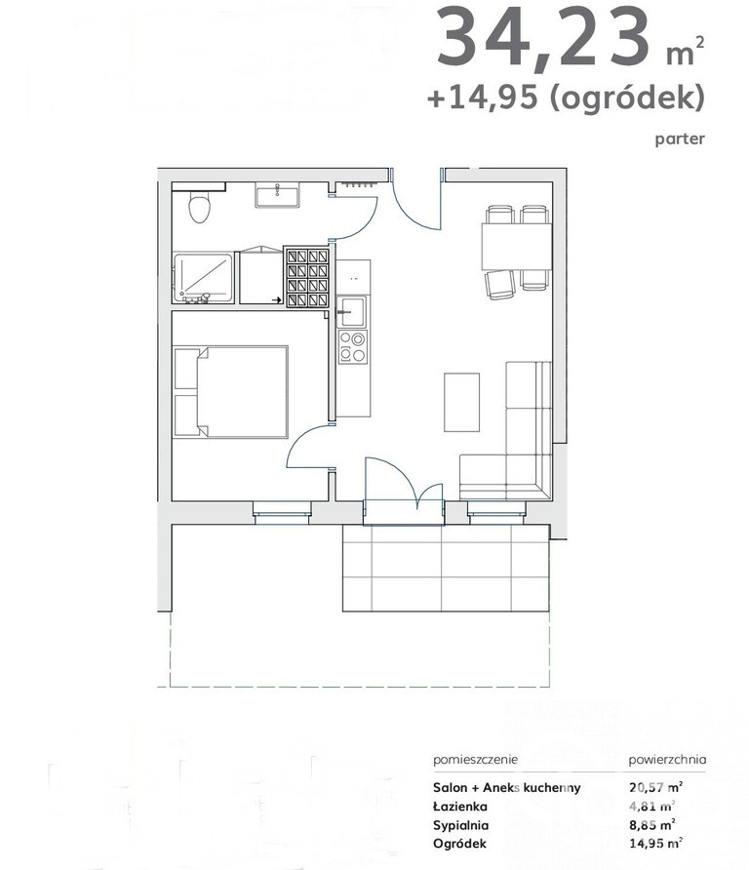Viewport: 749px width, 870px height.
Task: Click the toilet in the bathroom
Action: pyautogui.click(x=200, y=207)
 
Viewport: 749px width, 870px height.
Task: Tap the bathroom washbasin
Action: pyautogui.click(x=277, y=196)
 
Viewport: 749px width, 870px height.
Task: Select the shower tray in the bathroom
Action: pyautogui.click(x=203, y=279)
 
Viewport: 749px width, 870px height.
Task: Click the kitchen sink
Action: pyautogui.click(x=351, y=311)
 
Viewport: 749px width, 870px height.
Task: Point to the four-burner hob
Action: pyautogui.click(x=352, y=347)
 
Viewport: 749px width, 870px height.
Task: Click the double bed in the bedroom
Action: pyautogui.click(x=231, y=392)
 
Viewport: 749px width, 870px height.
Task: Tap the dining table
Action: pyautogui.click(x=516, y=247)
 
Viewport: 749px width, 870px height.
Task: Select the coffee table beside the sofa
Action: pyautogui.click(x=461, y=402)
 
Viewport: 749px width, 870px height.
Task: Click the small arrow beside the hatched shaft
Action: pyautogui.click(x=276, y=300)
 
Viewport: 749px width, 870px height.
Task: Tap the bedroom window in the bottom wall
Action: pyautogui.click(x=282, y=513)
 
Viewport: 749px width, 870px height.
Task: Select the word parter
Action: pyautogui.click(x=680, y=138)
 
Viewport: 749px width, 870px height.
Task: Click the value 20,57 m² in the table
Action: pyautogui.click(x=655, y=787)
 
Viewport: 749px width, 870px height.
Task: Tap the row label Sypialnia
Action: pyautogui.click(x=460, y=825)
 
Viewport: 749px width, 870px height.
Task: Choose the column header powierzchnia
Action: pyautogui.click(x=667, y=760)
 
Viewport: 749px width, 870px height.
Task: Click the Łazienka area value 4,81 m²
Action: pyautogui.click(x=651, y=807)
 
